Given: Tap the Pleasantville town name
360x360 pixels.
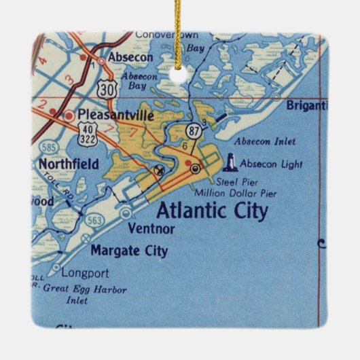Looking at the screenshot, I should (115, 115).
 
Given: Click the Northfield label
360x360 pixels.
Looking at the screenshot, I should (68, 164).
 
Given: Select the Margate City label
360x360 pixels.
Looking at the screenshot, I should (128, 251).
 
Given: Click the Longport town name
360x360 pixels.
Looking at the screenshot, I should (85, 274).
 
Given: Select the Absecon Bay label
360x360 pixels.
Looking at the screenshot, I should (139, 82).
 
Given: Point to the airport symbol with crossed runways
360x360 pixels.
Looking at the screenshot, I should (160, 170).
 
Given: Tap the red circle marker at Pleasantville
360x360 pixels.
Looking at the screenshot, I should (69, 115).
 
